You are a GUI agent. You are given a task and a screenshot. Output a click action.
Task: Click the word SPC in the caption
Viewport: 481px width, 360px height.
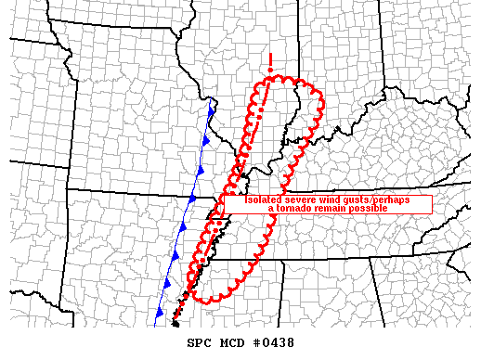coord(199,342)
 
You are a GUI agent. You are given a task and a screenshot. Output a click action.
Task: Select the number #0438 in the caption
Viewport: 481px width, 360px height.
coord(273,342)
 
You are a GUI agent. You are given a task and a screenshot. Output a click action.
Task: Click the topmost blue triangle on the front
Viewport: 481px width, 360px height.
coord(212,112)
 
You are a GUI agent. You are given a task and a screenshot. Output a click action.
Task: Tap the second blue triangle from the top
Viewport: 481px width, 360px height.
coord(205,141)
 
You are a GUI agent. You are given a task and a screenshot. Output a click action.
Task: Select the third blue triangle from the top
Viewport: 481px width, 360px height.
coord(199,170)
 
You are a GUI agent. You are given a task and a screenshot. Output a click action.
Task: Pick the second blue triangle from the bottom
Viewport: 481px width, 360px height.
coord(167,282)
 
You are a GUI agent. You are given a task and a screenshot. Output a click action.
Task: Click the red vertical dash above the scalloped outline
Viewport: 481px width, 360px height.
coord(269,63)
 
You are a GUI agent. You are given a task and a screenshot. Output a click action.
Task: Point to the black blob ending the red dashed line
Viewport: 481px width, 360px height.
coord(175,324)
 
